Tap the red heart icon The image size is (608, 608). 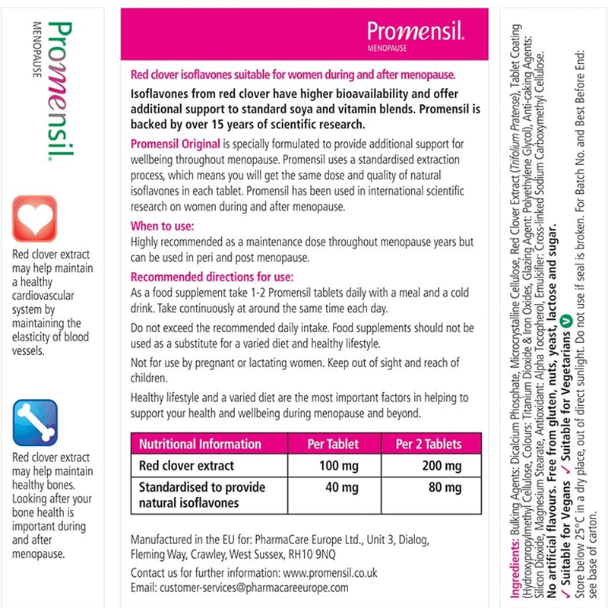click(35, 218)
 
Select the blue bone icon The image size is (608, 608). click(35, 423)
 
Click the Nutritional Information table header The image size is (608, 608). click(200, 444)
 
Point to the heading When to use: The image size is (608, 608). click(163, 226)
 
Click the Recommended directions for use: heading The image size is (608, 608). click(212, 277)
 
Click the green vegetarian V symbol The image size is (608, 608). click(565, 321)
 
